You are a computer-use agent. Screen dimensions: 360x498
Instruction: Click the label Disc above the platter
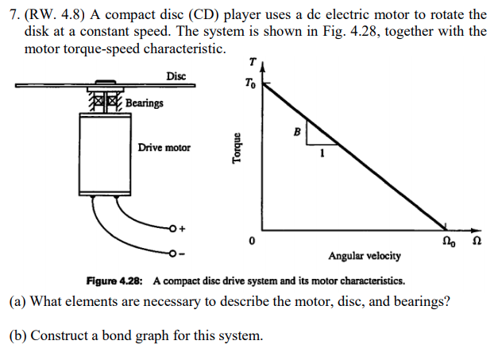176,76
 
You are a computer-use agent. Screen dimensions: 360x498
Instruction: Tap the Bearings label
144,103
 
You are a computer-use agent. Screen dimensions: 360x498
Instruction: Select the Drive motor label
164,148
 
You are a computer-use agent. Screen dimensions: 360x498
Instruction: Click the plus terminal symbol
181,229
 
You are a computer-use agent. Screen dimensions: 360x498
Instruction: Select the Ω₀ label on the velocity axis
450,240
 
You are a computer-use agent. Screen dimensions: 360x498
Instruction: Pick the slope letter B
297,131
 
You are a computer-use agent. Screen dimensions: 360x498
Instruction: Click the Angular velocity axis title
365,256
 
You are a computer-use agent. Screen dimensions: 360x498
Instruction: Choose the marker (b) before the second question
18,336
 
